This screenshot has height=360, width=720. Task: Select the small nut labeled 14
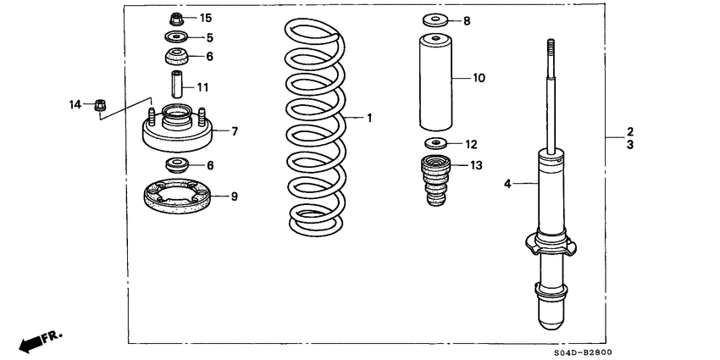pos(98,105)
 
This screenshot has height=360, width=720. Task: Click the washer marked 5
pos(176,37)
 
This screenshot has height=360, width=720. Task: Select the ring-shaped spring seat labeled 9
pos(176,197)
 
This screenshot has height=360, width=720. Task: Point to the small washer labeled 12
pos(435,143)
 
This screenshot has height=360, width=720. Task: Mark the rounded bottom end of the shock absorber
pos(551,320)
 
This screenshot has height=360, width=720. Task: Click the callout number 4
pos(509,182)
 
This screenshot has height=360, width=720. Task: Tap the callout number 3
pos(630,146)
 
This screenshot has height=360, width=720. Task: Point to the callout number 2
pos(630,132)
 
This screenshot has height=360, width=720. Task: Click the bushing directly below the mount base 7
pos(176,164)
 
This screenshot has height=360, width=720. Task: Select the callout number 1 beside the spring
pos(369,118)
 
